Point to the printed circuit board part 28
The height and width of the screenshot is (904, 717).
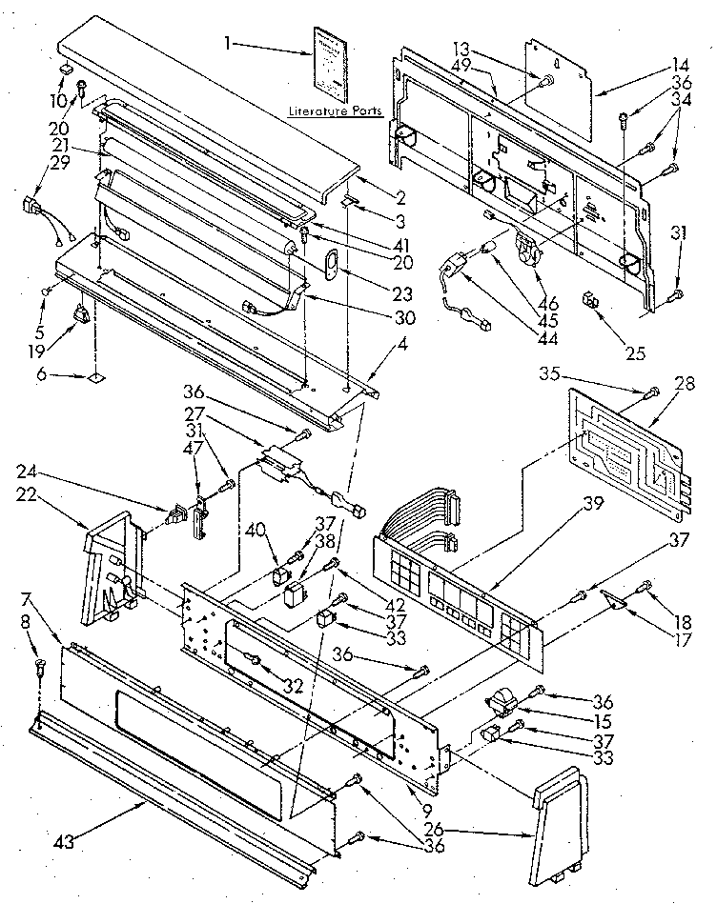pos(629,444)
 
